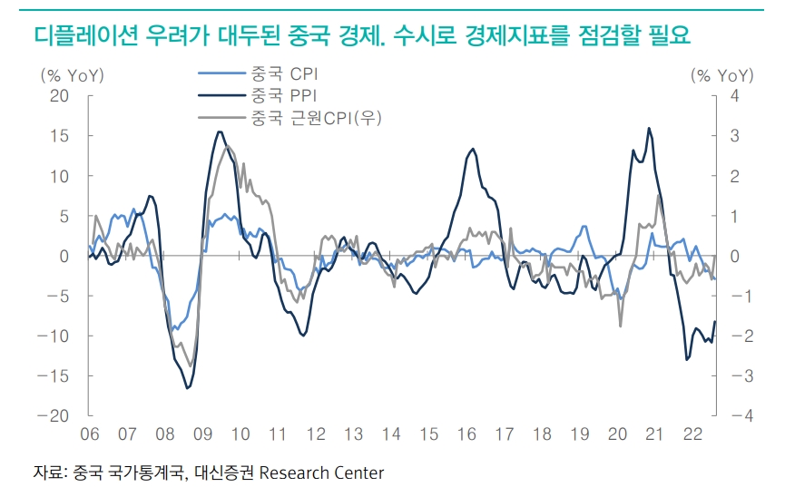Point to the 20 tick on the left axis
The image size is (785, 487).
click(x=59, y=96)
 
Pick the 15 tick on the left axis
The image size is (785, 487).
click(x=60, y=136)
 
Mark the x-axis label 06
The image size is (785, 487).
click(x=90, y=434)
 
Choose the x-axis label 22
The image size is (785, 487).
click(x=692, y=434)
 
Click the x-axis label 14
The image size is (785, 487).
click(x=391, y=434)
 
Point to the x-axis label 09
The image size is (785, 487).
click(x=202, y=434)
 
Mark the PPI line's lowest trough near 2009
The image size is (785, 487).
click(x=188, y=388)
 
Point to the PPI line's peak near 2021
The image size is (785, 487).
click(x=649, y=129)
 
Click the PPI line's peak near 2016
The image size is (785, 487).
click(x=472, y=149)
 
